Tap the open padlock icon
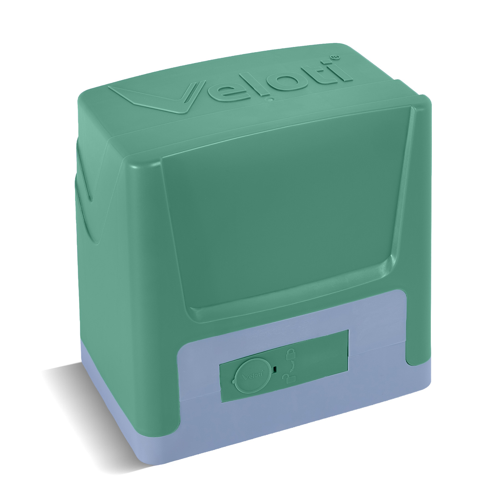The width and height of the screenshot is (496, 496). pyautogui.click(x=288, y=377)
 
